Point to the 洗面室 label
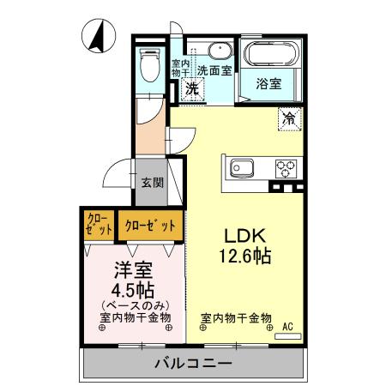[x=215, y=72]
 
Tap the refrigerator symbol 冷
[x=290, y=119]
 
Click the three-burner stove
[x=285, y=167]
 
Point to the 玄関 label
[x=153, y=182]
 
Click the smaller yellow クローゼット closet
[x=100, y=226]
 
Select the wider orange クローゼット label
[x=150, y=226]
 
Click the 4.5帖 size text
[x=134, y=289]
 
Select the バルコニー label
[x=193, y=364]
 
